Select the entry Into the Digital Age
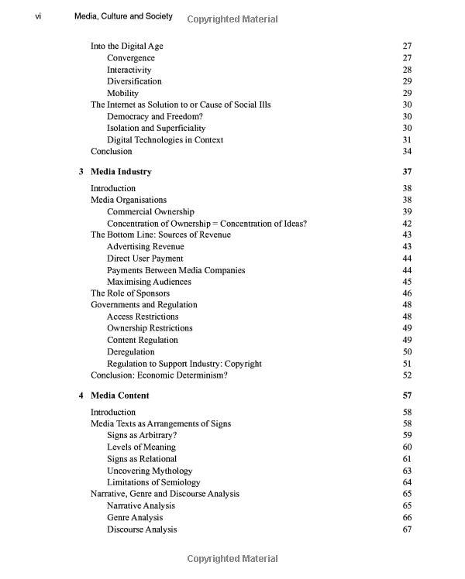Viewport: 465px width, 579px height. (x=127, y=46)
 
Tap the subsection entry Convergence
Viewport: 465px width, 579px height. (x=131, y=58)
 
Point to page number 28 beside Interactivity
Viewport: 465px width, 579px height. (x=407, y=70)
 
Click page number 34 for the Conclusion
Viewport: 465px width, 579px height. (x=407, y=152)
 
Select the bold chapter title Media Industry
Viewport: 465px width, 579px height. (x=121, y=171)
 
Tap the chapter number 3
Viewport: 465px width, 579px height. (x=81, y=171)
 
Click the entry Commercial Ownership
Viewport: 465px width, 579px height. (x=150, y=211)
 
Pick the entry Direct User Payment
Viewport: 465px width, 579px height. (x=145, y=259)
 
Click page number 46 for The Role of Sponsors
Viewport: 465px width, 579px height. (x=407, y=293)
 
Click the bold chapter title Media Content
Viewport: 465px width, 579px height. (x=120, y=396)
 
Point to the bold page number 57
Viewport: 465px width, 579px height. (x=407, y=396)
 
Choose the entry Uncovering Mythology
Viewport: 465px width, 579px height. (x=150, y=471)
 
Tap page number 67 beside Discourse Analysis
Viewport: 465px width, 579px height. (x=407, y=529)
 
